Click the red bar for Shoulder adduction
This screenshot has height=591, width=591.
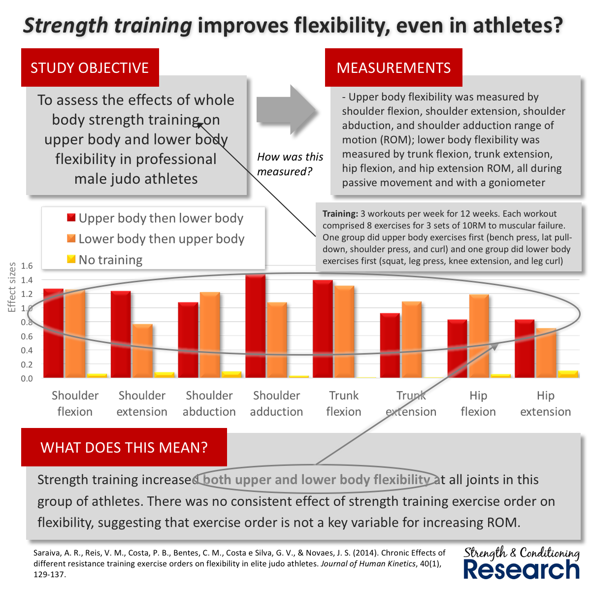point(256,326)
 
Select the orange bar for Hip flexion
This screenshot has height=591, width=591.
point(479,336)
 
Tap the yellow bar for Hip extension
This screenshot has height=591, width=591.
point(568,374)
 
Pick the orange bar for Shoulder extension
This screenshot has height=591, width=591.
point(143,351)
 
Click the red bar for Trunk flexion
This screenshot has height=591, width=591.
point(323,329)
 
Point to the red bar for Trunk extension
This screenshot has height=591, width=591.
point(390,345)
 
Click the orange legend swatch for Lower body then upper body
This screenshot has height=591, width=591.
point(71,238)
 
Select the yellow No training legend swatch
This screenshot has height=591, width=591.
point(71,259)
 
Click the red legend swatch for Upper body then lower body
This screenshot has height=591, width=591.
point(71,218)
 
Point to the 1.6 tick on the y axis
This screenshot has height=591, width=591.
point(27,265)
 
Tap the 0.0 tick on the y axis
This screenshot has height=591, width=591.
point(27,378)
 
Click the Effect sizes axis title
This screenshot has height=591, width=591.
point(12,287)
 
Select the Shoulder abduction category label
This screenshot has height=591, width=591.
point(209,403)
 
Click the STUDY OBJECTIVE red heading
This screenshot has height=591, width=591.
point(90,67)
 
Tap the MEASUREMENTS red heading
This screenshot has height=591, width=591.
point(394,67)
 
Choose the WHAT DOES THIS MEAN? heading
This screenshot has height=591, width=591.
point(124,447)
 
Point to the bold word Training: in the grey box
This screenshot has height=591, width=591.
point(340,214)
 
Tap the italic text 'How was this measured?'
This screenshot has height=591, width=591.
point(290,164)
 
